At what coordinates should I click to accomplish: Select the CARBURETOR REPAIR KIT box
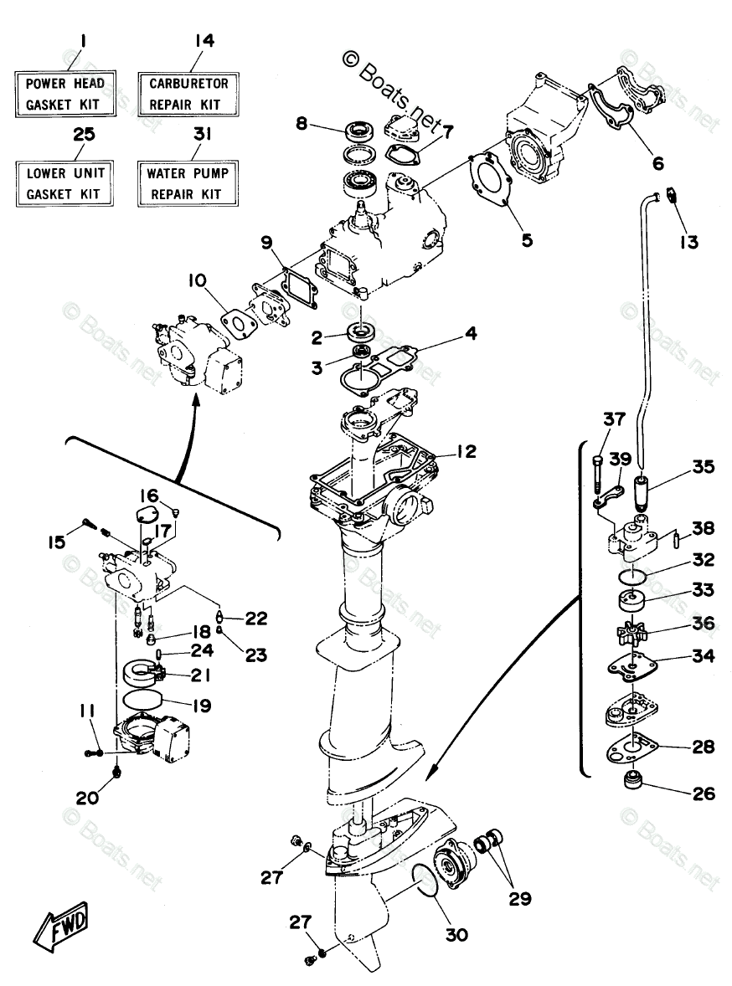tap(188, 94)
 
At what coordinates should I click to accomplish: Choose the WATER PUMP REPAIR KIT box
tap(188, 183)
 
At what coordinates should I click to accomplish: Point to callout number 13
tap(688, 242)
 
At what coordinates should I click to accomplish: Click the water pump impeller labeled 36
tap(631, 629)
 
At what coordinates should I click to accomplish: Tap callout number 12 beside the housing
tap(466, 452)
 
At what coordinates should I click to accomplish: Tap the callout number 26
tap(704, 792)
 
